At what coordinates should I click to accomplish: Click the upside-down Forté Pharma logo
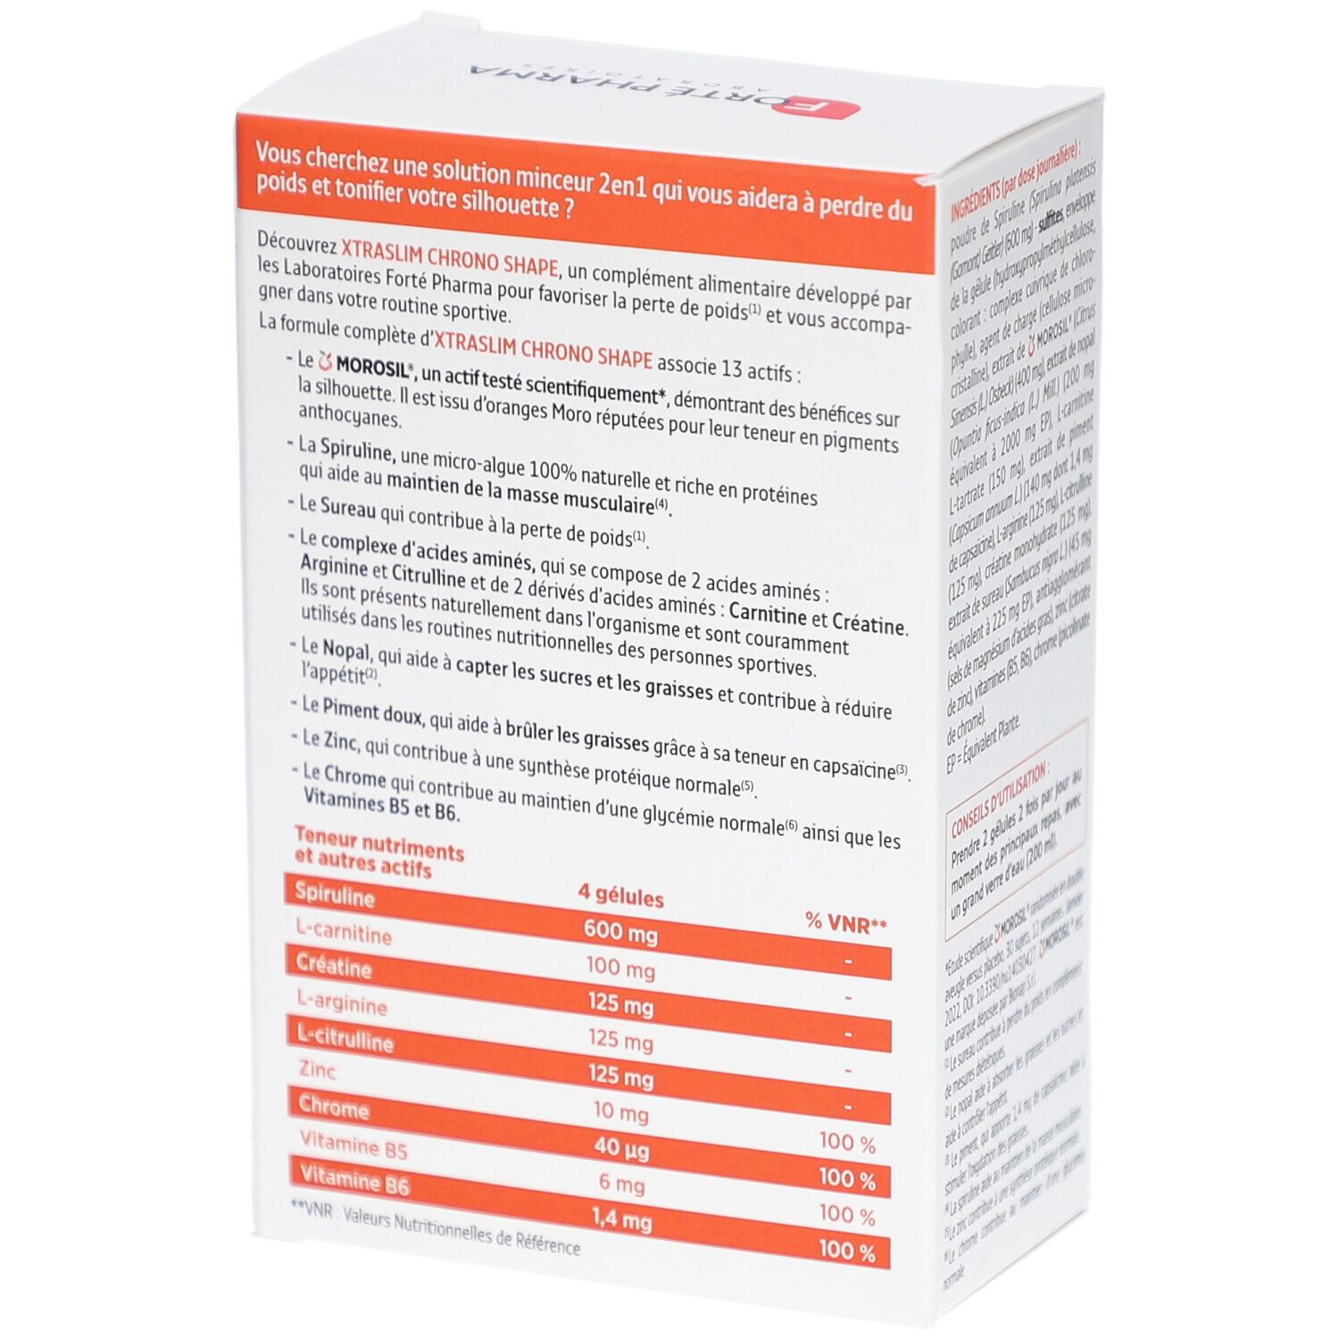pyautogui.click(x=664, y=90)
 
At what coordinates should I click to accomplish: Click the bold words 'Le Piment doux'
pyautogui.click(x=362, y=707)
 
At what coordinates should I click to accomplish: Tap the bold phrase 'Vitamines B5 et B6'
pyautogui.click(x=381, y=806)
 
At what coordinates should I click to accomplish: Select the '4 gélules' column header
pyautogui.click(x=620, y=895)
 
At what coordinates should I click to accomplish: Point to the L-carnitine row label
pyautogui.click(x=344, y=932)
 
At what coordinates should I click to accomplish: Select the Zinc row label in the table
pyautogui.click(x=318, y=1069)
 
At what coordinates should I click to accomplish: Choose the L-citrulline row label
pyautogui.click(x=345, y=1038)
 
